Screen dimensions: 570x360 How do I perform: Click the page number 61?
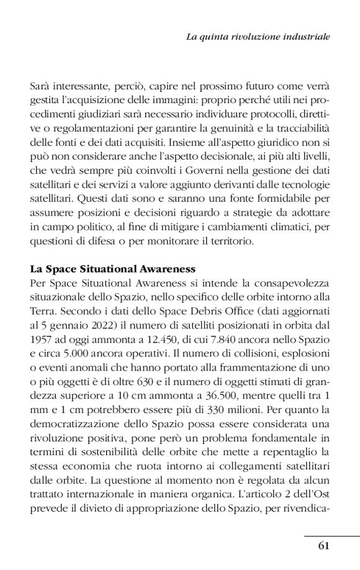click(323, 546)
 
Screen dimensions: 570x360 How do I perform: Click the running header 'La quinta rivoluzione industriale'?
click(258, 37)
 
